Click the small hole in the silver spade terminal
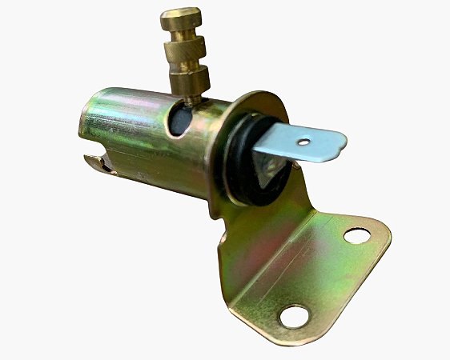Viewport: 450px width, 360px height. coord(302,144)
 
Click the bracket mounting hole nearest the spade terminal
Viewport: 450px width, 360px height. coord(357,235)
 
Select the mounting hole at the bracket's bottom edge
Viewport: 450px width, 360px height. coord(294,316)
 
